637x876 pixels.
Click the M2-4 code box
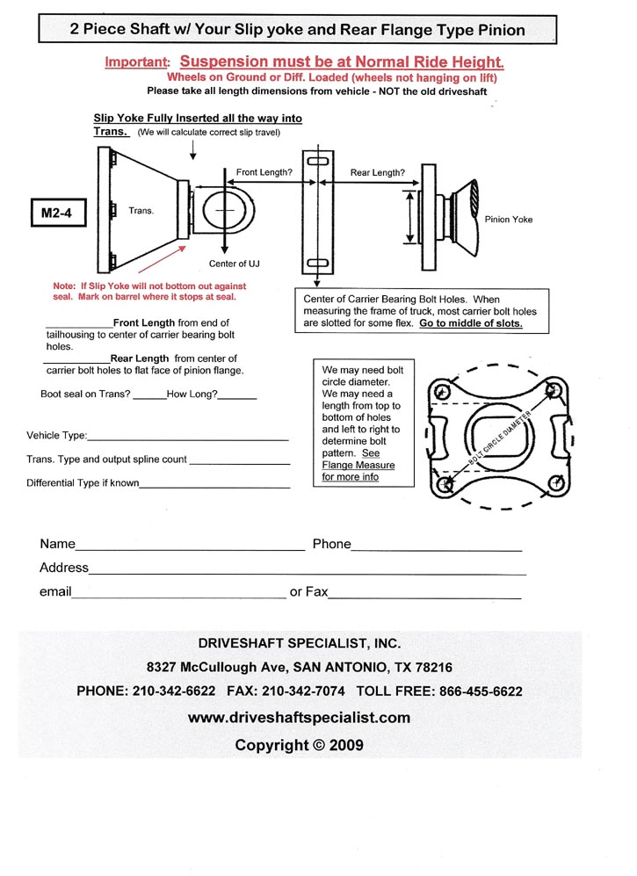55,213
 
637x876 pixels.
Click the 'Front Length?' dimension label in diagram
264,173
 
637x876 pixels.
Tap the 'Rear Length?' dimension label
378,173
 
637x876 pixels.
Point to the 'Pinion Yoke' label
509,219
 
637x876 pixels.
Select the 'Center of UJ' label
235,264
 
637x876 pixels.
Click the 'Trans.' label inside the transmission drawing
141,211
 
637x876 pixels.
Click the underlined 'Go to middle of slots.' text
471,323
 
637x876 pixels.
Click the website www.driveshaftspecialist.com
299,717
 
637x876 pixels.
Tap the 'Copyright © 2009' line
299,745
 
